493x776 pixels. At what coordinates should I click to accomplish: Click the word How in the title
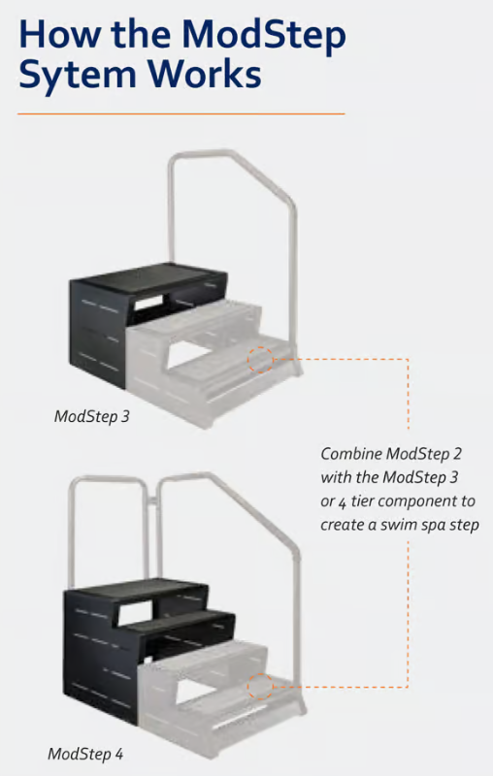click(x=61, y=34)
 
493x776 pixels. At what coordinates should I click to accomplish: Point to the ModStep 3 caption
click(x=90, y=418)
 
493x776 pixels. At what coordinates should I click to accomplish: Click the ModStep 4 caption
click(x=85, y=753)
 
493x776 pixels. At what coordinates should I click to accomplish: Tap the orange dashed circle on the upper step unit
click(x=260, y=361)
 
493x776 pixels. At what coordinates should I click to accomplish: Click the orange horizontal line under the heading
click(x=181, y=113)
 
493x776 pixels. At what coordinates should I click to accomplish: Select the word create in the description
click(x=340, y=525)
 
